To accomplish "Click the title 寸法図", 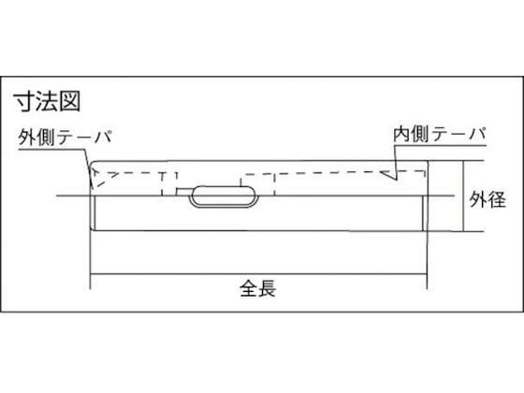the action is click(x=47, y=101).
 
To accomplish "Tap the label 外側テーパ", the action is click(x=65, y=137).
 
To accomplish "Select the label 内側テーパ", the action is click(x=440, y=134).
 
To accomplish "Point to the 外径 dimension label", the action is click(x=488, y=199).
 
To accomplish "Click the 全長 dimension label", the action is click(x=257, y=288).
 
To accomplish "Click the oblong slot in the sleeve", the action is click(x=224, y=196).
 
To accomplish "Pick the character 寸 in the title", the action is click(x=24, y=101).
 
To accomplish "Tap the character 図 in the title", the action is click(x=70, y=101).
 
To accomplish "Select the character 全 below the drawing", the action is click(x=249, y=288).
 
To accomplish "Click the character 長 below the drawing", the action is click(x=267, y=288).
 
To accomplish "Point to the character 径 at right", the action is click(x=497, y=199).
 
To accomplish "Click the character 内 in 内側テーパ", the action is click(x=402, y=134).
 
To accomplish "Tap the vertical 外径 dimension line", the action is click(x=463, y=196).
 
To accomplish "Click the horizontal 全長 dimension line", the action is click(x=258, y=274).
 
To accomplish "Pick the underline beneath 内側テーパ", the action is click(x=441, y=146).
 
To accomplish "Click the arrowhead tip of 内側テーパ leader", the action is click(x=380, y=171).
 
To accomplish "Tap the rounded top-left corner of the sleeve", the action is click(x=93, y=164).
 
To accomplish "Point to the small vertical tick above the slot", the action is click(x=240, y=182).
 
